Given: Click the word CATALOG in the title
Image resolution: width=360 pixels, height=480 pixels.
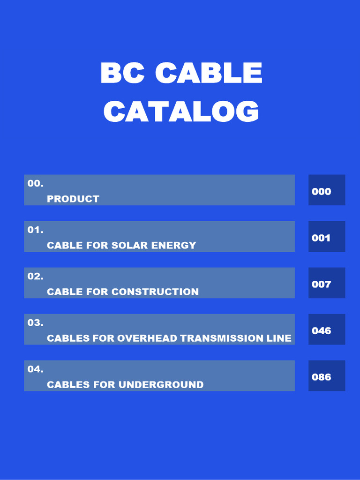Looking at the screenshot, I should click(x=181, y=112).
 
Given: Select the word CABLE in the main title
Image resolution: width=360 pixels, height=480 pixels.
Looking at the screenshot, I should click(x=208, y=74).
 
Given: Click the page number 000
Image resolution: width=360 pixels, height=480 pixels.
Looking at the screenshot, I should click(x=322, y=191).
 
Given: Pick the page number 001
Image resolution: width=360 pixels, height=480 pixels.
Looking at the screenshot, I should click(x=322, y=238).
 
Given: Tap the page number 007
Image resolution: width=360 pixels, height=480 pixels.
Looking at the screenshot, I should click(x=322, y=284).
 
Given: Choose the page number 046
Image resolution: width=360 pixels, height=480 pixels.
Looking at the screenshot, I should click(x=322, y=330).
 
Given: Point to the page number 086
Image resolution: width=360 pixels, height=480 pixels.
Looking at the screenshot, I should click(x=322, y=377).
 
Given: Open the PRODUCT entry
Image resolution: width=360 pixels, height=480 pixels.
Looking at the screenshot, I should click(x=73, y=199).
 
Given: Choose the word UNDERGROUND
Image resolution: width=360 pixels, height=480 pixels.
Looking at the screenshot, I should click(x=161, y=385).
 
